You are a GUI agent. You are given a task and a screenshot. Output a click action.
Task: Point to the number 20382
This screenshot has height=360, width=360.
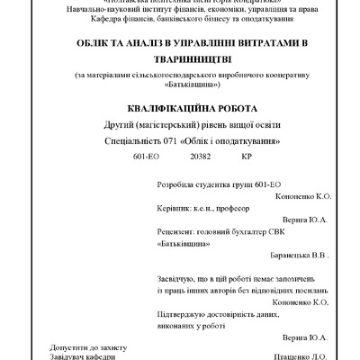[201, 157]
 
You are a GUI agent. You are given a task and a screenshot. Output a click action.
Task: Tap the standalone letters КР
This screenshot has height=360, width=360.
[247, 157]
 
